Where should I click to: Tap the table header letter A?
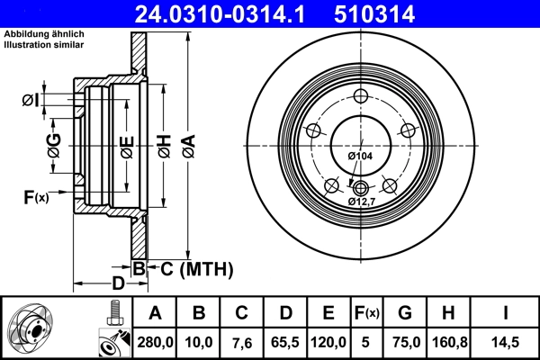pos(155,313)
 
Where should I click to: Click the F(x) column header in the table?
pos(367,313)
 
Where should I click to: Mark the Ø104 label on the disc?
pos(360,157)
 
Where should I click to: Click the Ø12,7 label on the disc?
pos(363,201)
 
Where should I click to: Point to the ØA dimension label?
pos(187,144)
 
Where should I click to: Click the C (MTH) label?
pos(197,268)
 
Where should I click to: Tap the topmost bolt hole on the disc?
pos(360,97)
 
